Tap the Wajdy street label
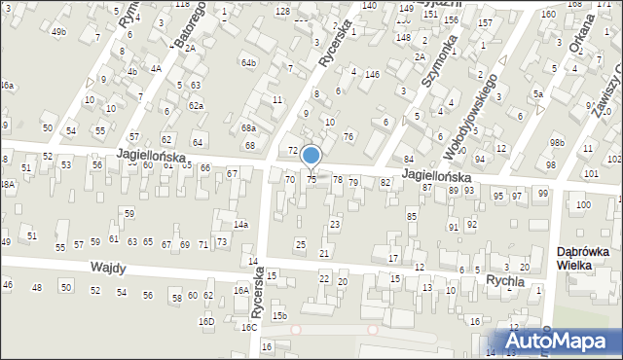click(x=111, y=268)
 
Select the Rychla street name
click(x=505, y=280)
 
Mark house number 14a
click(x=239, y=226)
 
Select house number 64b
click(x=249, y=63)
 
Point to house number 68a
click(x=249, y=128)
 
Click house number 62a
click(x=197, y=105)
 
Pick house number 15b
click(x=279, y=316)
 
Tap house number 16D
click(x=206, y=322)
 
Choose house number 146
click(x=372, y=74)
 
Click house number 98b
click(x=556, y=143)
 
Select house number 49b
click(x=59, y=32)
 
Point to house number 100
click(x=583, y=205)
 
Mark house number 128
click(x=282, y=11)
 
